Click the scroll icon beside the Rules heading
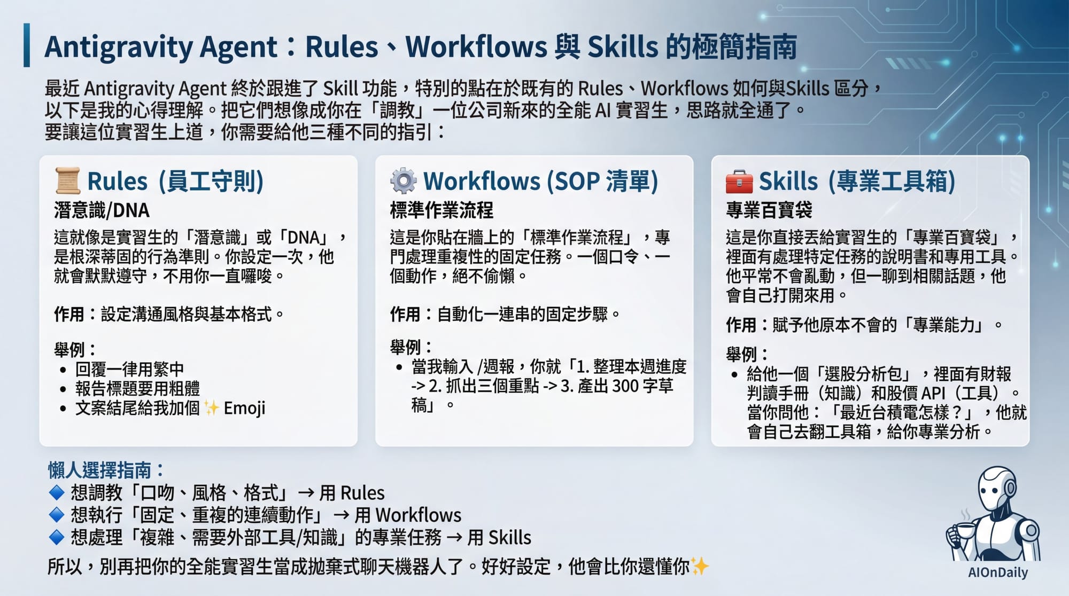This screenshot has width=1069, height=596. (67, 181)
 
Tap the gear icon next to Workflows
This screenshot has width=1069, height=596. (403, 181)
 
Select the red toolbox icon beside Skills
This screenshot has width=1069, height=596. (739, 181)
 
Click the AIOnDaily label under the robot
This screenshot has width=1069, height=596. (997, 573)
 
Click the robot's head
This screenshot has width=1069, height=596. (996, 488)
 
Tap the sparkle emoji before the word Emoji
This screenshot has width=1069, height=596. (212, 408)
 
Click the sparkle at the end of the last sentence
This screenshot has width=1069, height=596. (700, 566)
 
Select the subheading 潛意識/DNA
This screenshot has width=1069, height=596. (102, 210)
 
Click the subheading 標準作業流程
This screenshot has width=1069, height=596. (441, 210)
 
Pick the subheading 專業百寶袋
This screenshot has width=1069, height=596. (769, 210)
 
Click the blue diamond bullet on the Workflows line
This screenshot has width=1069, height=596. (56, 515)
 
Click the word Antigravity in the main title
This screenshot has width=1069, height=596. (119, 47)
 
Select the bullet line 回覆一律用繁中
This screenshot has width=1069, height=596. (129, 369)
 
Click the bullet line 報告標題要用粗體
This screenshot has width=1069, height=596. (137, 388)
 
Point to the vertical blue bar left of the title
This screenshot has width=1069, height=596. (27, 45)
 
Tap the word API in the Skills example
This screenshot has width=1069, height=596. (933, 393)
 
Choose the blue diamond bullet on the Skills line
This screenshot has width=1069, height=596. (56, 537)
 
